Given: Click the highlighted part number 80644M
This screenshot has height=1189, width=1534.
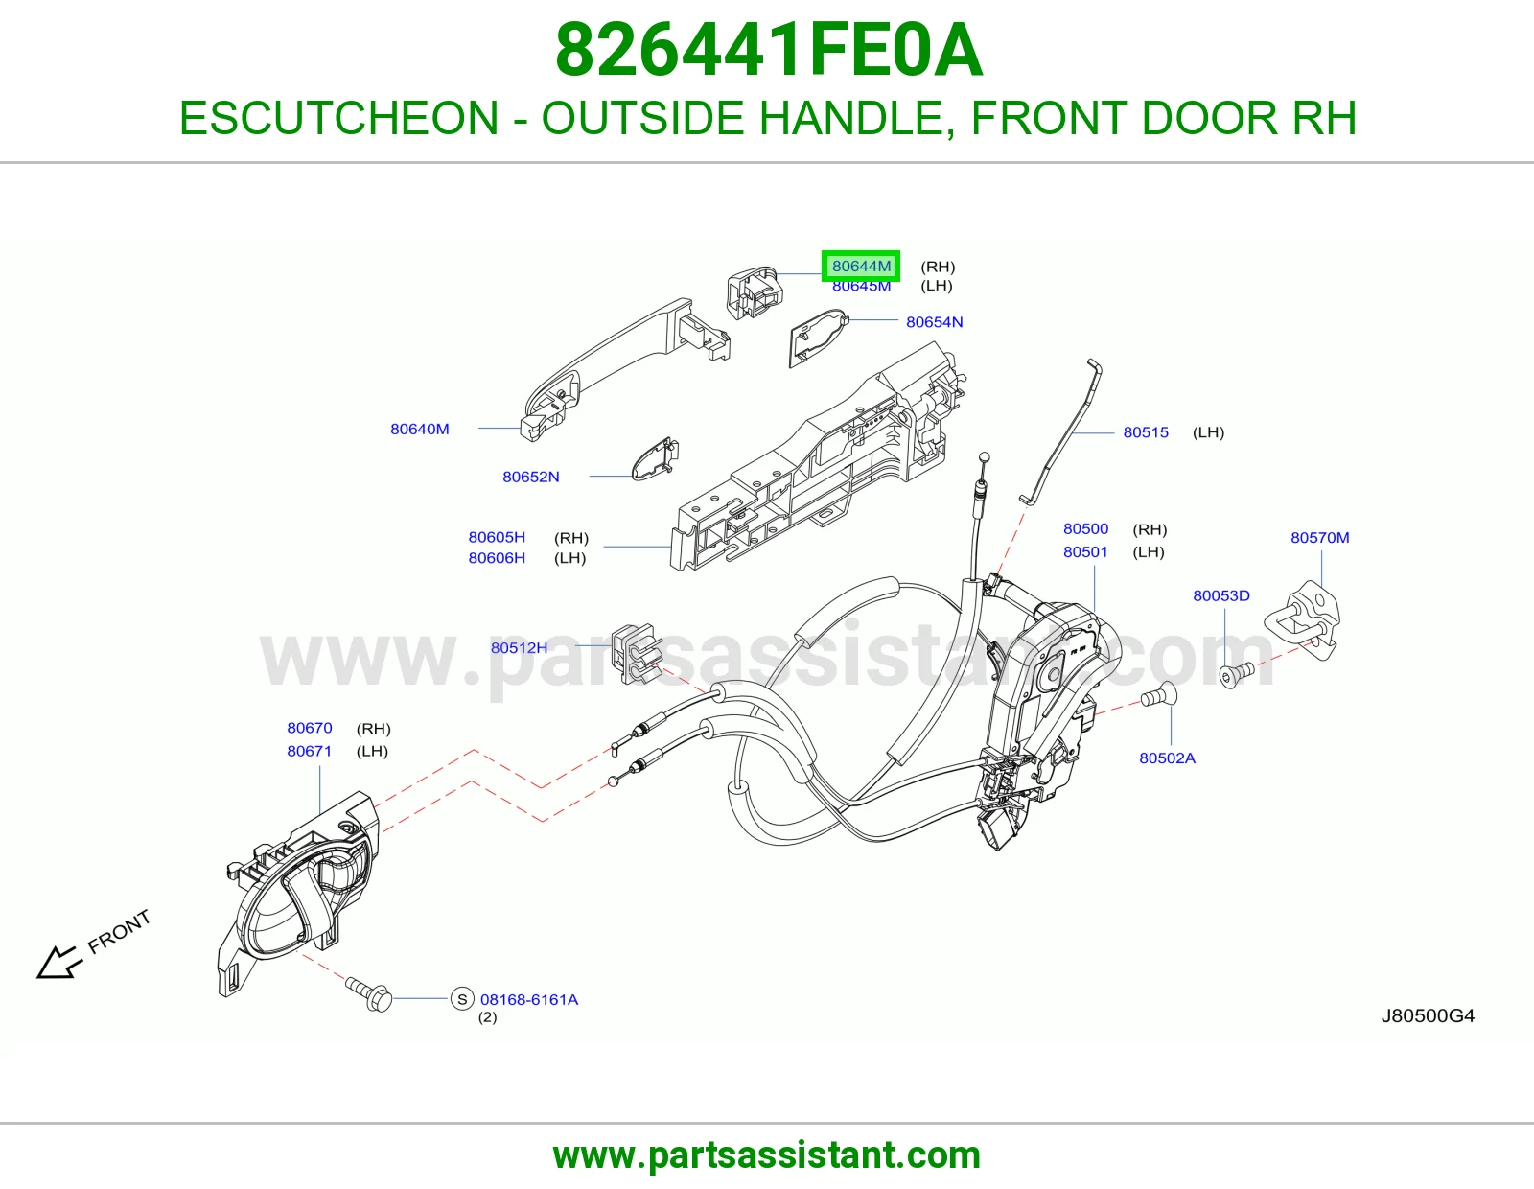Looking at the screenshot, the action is pyautogui.click(x=861, y=267).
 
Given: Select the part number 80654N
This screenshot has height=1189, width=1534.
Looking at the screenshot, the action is pyautogui.click(x=934, y=322).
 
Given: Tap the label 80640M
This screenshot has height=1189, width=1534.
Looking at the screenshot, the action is pyautogui.click(x=419, y=430).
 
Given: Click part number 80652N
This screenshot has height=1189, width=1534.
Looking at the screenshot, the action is pyautogui.click(x=531, y=478).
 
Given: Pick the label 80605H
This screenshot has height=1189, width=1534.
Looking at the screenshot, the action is pyautogui.click(x=497, y=537).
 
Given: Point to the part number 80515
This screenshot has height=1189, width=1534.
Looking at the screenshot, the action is pyautogui.click(x=1146, y=432).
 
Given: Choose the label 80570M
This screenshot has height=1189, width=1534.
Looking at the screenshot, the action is pyautogui.click(x=1319, y=537).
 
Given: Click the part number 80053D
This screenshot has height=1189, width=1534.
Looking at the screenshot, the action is pyautogui.click(x=1221, y=595).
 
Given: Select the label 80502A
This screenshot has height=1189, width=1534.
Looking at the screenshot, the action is pyautogui.click(x=1167, y=758).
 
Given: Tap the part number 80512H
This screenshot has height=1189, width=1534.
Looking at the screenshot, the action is pyautogui.click(x=519, y=648).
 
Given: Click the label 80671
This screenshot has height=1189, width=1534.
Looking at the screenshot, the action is pyautogui.click(x=310, y=751).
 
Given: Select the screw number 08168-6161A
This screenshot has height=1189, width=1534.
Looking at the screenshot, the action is pyautogui.click(x=528, y=1000).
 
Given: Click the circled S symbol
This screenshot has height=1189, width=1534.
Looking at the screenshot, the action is pyautogui.click(x=462, y=999).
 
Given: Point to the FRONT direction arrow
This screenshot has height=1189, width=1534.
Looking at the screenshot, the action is pyautogui.click(x=59, y=963).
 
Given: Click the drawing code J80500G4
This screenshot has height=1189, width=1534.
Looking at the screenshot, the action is pyautogui.click(x=1428, y=1016).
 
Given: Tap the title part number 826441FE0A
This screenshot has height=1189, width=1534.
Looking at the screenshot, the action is pyautogui.click(x=769, y=51).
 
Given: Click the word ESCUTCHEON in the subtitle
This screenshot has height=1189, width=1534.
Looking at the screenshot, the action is pyautogui.click(x=338, y=118).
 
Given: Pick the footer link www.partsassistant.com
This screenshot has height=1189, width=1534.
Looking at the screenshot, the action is pyautogui.click(x=767, y=1156).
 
